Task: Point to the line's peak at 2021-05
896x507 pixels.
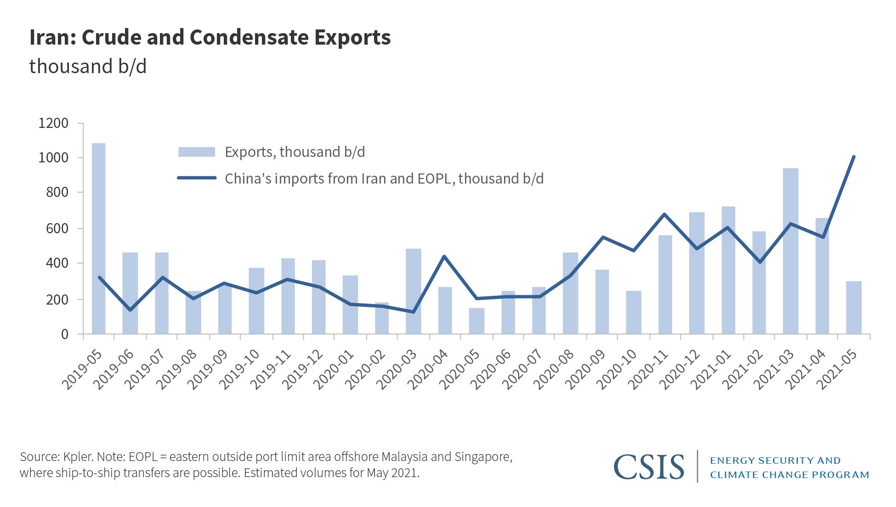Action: tap(853, 157)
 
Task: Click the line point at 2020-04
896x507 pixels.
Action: tap(444, 256)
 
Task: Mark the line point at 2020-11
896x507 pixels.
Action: tap(664, 214)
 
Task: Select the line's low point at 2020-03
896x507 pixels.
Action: tap(413, 312)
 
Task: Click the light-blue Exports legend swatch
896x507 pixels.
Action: tap(197, 152)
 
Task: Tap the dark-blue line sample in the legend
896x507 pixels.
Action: tap(197, 178)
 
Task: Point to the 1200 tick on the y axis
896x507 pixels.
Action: tap(53, 123)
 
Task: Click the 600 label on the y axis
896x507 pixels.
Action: tap(57, 228)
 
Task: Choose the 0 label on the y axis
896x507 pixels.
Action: tap(64, 334)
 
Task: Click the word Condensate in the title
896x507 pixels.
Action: tap(249, 37)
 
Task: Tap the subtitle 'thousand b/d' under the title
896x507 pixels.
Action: tap(88, 67)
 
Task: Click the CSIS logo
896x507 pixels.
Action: tap(648, 467)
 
